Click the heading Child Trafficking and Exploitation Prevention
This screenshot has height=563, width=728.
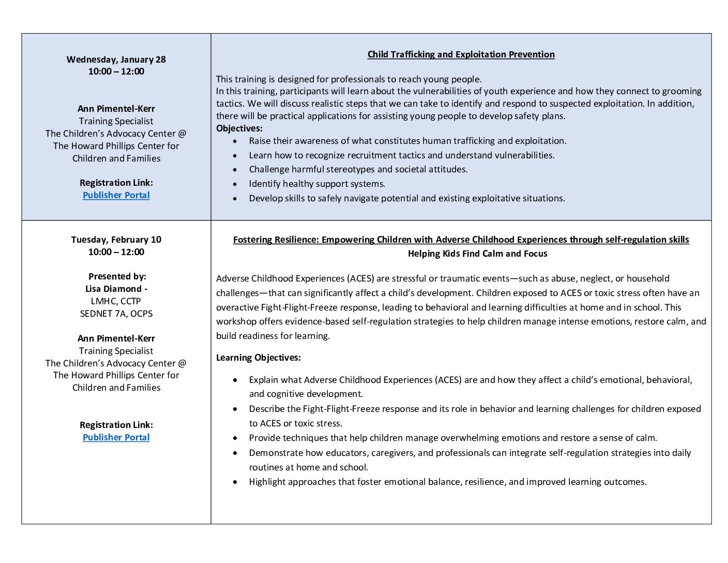click(x=461, y=54)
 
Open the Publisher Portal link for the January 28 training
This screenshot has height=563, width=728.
click(x=116, y=195)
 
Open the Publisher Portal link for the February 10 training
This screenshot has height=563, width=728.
click(x=116, y=437)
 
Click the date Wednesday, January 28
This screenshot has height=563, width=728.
click(x=116, y=60)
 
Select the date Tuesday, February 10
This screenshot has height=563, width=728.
click(x=116, y=240)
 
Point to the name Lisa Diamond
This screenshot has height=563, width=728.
click(x=114, y=289)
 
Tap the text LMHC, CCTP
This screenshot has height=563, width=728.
click(x=116, y=301)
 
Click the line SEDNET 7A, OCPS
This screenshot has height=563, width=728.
click(x=116, y=314)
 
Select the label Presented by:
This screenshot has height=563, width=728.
click(x=117, y=276)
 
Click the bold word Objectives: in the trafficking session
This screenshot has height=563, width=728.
click(x=239, y=128)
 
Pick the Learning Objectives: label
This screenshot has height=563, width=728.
click(x=259, y=358)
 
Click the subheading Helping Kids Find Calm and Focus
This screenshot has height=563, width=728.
click(x=477, y=254)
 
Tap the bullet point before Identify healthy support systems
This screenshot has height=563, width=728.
click(x=236, y=184)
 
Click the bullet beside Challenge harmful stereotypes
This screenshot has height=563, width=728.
click(x=236, y=170)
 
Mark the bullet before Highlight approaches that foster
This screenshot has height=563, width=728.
click(x=236, y=482)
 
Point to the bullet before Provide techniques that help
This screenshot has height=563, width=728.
click(x=236, y=438)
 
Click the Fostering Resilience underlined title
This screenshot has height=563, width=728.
click(x=461, y=240)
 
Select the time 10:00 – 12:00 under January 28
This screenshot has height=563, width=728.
click(x=116, y=71)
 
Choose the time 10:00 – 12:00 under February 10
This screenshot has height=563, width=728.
click(x=116, y=252)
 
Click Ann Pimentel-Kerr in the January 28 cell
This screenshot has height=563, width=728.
click(x=116, y=109)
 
